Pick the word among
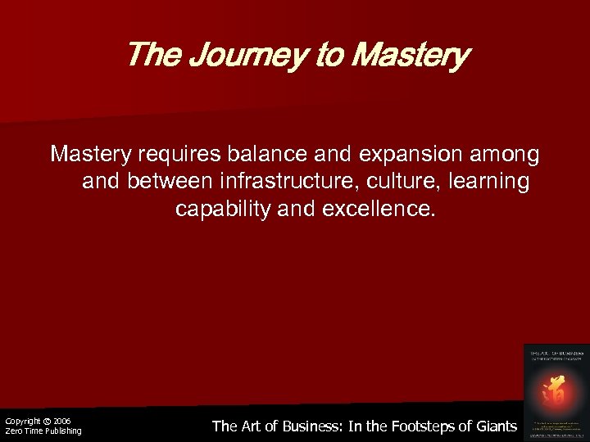(x=508, y=154)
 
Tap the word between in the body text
(x=175, y=182)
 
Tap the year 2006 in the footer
(x=61, y=421)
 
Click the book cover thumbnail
(x=556, y=391)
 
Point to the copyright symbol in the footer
(x=47, y=421)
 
